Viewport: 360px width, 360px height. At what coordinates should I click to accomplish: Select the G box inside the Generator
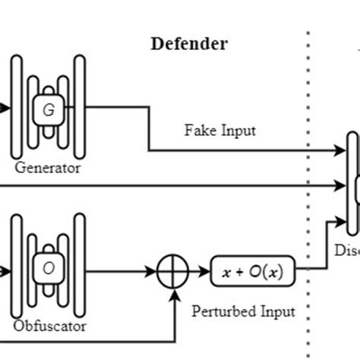pyautogui.click(x=49, y=110)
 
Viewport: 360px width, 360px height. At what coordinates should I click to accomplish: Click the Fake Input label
pyautogui.click(x=219, y=130)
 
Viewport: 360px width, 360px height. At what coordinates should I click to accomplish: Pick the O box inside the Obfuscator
pyautogui.click(x=49, y=268)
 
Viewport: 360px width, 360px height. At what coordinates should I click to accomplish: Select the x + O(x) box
pyautogui.click(x=251, y=270)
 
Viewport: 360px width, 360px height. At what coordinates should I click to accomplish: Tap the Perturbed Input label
pyautogui.click(x=243, y=311)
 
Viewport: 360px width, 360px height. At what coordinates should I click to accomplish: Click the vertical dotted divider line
pyautogui.click(x=308, y=190)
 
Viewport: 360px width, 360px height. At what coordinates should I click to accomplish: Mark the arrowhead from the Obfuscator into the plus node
pyautogui.click(x=153, y=270)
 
